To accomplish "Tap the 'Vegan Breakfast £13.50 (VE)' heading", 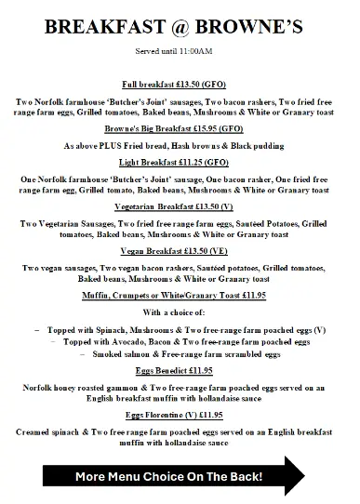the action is point(180,251).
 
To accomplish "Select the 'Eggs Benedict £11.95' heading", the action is point(180,371).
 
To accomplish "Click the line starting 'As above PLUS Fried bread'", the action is point(180,146).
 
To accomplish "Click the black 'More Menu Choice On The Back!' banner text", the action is point(169,477).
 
